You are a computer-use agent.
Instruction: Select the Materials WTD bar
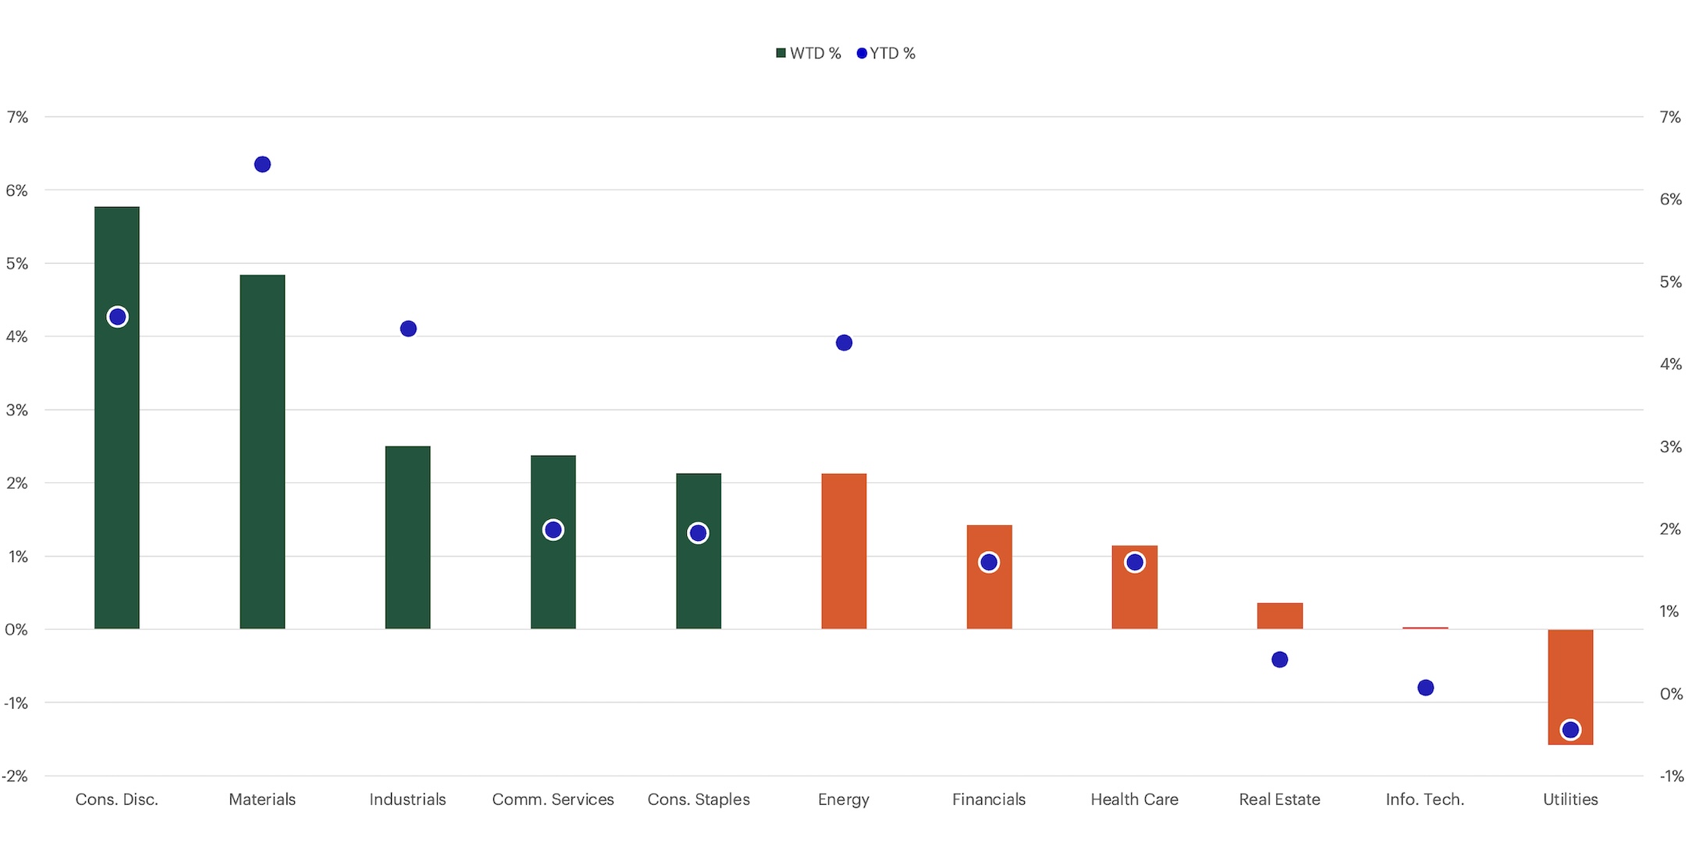pos(262,453)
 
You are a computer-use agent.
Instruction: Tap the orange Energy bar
pos(844,551)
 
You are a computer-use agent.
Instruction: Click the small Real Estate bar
pos(1280,616)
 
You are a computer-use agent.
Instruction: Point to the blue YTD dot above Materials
pos(262,164)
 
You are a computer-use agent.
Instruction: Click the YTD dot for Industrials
pos(408,329)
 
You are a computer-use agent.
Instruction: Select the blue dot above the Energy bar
pos(844,343)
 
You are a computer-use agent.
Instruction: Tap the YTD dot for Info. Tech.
pos(1425,688)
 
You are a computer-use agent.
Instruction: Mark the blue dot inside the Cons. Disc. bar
pos(117,317)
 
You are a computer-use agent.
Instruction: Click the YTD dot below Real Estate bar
pos(1279,660)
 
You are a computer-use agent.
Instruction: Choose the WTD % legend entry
pos(809,53)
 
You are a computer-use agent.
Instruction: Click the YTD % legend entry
pos(886,53)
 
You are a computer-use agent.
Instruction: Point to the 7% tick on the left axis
pos(17,117)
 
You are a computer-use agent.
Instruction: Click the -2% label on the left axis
pos(16,776)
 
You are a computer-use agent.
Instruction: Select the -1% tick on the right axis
pos(1670,776)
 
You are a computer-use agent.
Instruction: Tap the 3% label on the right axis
pos(1670,446)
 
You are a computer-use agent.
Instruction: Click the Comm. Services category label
pos(553,799)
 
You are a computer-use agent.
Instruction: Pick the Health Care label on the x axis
pos(1134,799)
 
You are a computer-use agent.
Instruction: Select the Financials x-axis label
pos(988,799)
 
